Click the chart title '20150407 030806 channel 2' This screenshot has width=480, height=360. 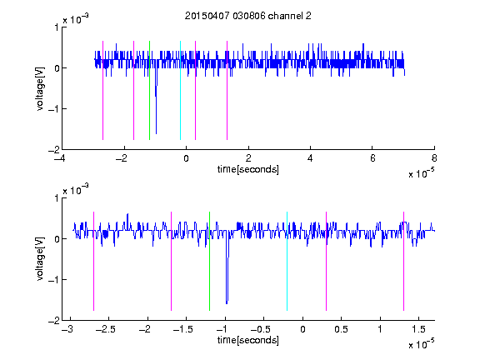[248, 16]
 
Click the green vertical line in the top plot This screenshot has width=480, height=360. [149, 90]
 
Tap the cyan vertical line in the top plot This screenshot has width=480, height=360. [180, 90]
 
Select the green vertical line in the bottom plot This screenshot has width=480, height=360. [209, 261]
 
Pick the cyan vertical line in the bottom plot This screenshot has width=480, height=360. [287, 261]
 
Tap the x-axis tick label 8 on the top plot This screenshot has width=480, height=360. [434, 158]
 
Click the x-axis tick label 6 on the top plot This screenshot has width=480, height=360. [372, 158]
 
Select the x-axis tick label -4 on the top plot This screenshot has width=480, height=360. [62, 158]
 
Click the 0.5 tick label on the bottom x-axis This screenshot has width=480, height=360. [342, 329]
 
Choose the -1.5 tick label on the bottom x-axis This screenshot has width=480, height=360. [182, 329]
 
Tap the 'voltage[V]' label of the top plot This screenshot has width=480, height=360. [40, 88]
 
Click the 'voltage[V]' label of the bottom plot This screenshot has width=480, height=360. [40, 259]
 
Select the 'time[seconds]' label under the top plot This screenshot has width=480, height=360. [248, 169]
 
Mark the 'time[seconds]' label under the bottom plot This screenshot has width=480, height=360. [248, 340]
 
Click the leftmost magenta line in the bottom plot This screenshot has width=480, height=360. [93, 261]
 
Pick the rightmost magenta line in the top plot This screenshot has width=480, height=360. [227, 90]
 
